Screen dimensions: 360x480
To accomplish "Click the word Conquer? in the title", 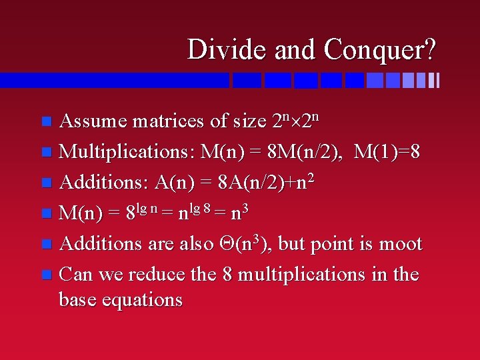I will (x=381, y=49).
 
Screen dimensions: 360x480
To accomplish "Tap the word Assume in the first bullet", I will (x=93, y=121).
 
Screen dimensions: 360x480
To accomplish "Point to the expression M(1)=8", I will (x=387, y=152).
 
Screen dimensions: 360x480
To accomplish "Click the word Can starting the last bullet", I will (x=75, y=274).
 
